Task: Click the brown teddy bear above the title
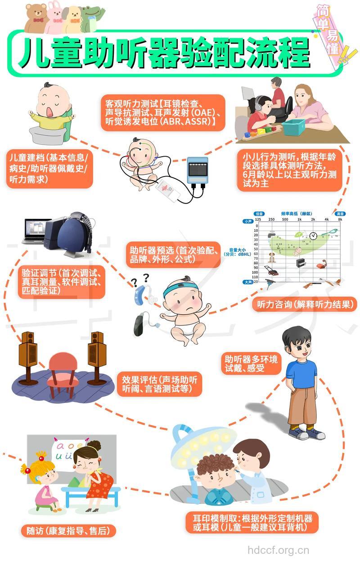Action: click(x=36, y=18)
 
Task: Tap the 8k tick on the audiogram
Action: click(x=340, y=219)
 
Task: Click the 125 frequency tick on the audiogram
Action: click(x=258, y=219)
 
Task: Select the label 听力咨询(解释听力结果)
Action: click(x=304, y=304)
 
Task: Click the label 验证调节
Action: click(x=63, y=282)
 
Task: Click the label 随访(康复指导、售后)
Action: click(x=68, y=531)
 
